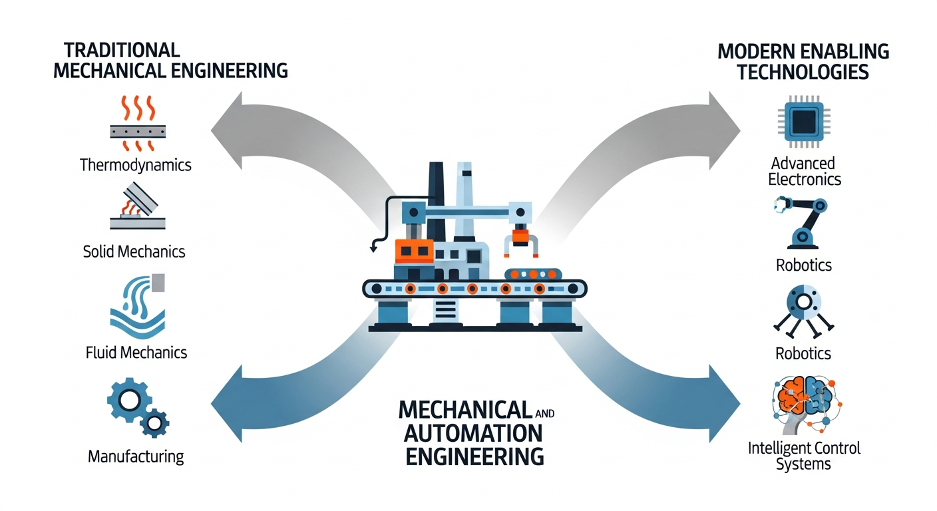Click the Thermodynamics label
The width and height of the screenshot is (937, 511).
point(136,164)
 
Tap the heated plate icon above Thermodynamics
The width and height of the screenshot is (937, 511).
point(136,124)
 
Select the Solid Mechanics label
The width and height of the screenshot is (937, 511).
point(134,252)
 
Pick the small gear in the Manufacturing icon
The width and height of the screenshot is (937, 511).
point(155,422)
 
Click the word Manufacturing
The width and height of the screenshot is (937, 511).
point(136,456)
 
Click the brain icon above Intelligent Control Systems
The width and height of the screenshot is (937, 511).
point(803,403)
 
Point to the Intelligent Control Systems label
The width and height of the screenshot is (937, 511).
point(804,455)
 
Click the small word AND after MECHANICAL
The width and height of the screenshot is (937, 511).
point(544,413)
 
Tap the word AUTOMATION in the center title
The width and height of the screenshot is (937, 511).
point(464,433)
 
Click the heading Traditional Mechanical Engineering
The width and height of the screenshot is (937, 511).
point(170,60)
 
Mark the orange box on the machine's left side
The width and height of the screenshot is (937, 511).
point(413,251)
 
